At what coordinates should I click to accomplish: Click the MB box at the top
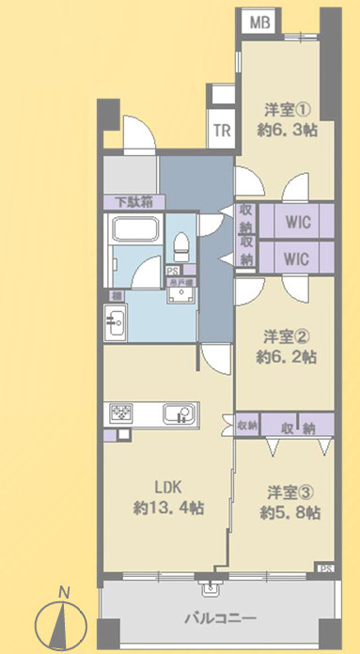point(259,21)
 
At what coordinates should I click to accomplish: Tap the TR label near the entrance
point(221,131)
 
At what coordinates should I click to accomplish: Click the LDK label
point(167,488)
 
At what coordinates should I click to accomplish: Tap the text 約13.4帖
point(167,508)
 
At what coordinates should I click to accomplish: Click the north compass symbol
point(62,620)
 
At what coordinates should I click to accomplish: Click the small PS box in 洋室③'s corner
point(325,568)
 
